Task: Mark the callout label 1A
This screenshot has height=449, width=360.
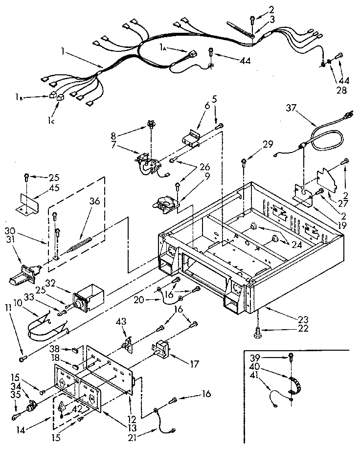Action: (x=165, y=48)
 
